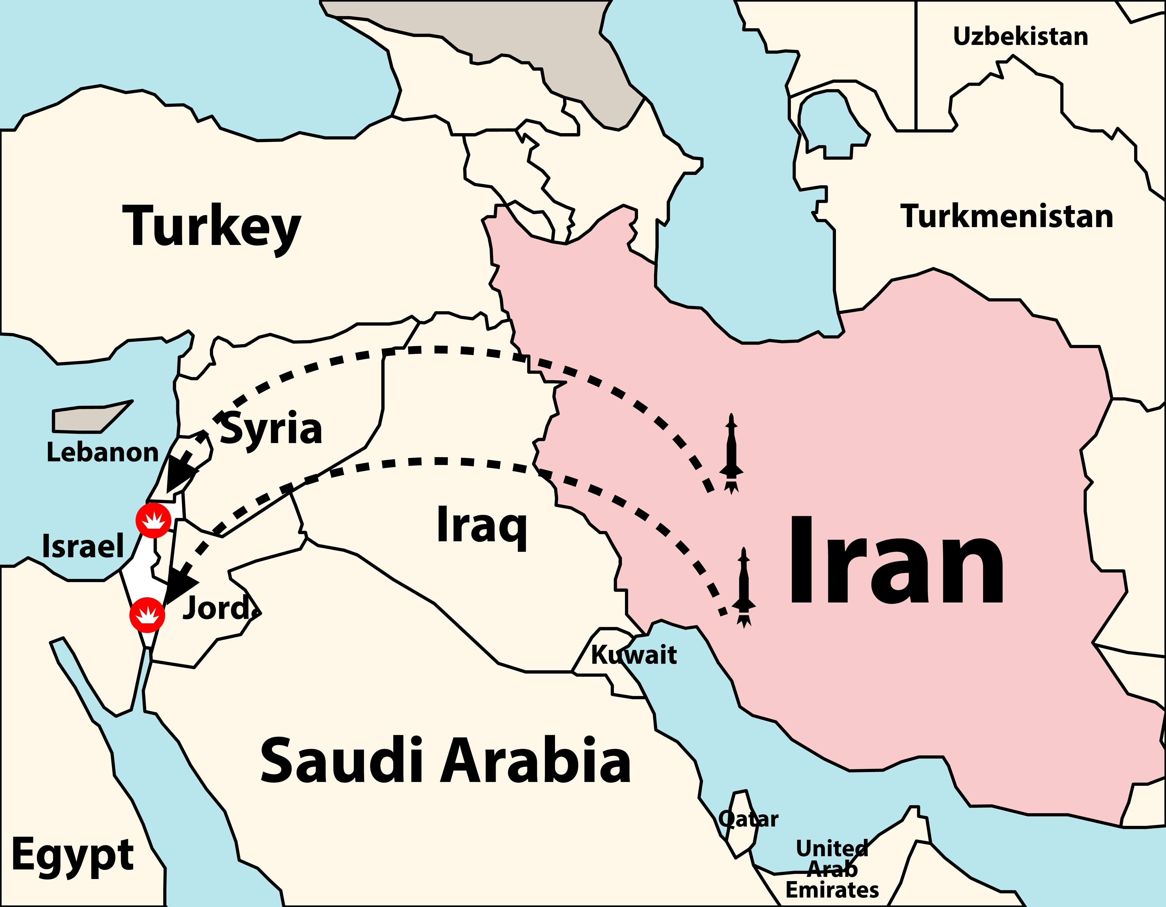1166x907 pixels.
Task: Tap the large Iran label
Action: point(896,561)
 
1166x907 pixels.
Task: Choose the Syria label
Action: point(271,429)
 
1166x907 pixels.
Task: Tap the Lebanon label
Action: point(103,452)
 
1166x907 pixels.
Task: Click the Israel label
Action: point(83,546)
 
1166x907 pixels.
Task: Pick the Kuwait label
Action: point(634,655)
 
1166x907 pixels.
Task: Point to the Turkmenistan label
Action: point(1007,216)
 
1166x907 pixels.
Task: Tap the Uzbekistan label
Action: point(1020,36)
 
